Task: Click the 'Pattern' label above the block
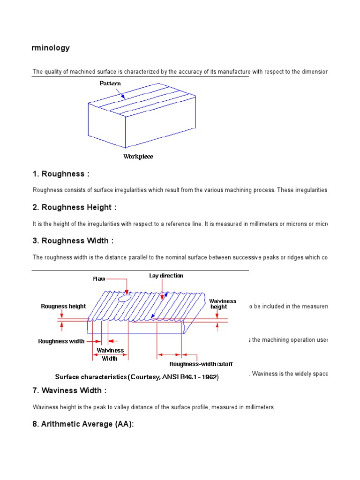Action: click(110, 83)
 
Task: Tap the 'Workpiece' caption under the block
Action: click(138, 157)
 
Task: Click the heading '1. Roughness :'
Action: click(61, 174)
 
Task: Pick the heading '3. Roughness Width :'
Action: click(73, 241)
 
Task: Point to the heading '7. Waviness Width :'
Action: click(70, 391)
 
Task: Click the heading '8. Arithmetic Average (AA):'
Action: click(84, 424)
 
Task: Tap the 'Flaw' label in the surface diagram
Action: click(99, 279)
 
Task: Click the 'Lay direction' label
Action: click(166, 276)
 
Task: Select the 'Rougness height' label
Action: click(63, 307)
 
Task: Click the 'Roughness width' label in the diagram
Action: click(61, 341)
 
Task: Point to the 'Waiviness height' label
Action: click(223, 304)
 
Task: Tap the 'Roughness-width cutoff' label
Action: click(201, 364)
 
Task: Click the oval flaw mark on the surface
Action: click(125, 298)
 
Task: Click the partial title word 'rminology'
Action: click(51, 48)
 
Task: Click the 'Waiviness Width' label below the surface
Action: click(110, 354)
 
